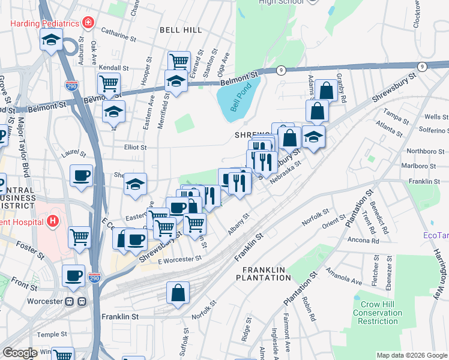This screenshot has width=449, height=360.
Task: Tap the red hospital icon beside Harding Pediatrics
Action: (88, 23)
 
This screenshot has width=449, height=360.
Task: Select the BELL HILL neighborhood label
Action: (178, 29)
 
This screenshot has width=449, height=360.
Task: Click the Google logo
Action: (19, 353)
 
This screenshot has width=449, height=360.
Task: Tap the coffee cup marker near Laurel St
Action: (81, 175)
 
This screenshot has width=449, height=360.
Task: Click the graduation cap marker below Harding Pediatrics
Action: (52, 41)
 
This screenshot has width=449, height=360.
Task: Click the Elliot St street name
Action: (135, 147)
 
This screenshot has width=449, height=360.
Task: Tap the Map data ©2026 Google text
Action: (411, 355)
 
